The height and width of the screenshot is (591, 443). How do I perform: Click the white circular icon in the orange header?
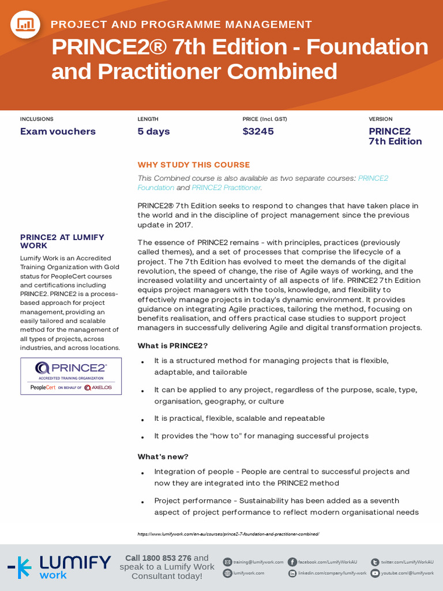point(25,24)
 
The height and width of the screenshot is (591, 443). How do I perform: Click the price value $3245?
point(258,131)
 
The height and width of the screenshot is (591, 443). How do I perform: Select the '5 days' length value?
point(153,131)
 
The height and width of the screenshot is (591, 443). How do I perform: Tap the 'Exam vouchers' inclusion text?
point(58,131)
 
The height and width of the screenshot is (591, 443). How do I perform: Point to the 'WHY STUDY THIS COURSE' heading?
point(193,164)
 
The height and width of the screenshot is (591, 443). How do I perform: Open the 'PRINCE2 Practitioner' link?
point(226,188)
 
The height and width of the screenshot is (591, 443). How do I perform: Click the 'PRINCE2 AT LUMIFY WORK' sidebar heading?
point(62,241)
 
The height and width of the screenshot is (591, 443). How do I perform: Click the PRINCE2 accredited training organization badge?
point(71,376)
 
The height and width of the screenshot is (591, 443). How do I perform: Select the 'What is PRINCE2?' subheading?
point(172,346)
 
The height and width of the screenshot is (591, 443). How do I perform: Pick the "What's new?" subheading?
point(163,457)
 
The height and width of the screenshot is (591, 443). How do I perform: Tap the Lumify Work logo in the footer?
point(59,567)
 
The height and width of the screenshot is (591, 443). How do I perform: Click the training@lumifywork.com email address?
point(258,562)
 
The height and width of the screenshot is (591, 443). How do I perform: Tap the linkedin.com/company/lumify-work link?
point(332,573)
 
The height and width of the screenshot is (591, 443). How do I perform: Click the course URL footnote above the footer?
point(228,534)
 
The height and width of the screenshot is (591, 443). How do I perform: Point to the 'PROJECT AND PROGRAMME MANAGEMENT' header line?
point(181,24)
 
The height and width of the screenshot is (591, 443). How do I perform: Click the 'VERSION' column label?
point(380,119)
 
